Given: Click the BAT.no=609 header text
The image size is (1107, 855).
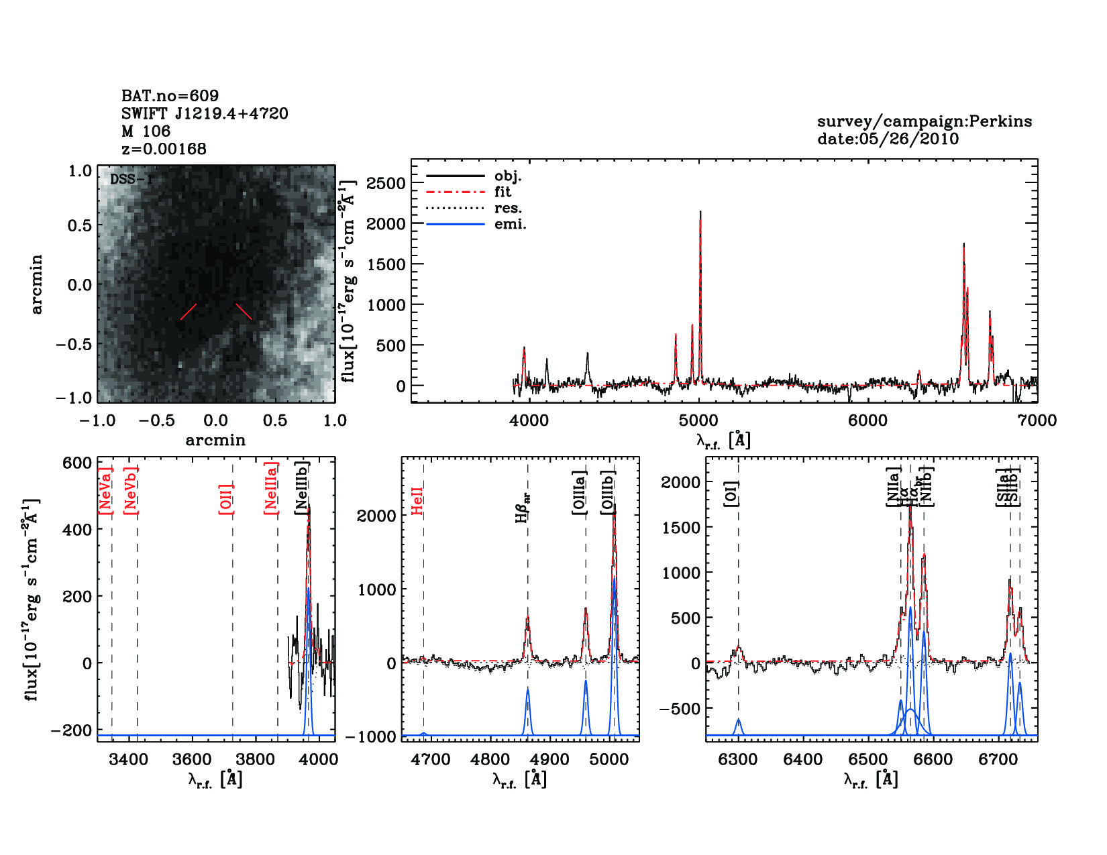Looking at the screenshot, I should click(x=170, y=96).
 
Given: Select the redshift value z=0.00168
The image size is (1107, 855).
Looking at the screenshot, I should click(x=164, y=149).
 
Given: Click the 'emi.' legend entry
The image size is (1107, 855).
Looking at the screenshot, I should click(x=510, y=225).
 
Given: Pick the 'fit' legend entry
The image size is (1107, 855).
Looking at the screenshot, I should click(x=503, y=192).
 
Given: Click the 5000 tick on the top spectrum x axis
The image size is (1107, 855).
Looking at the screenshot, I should click(x=698, y=420).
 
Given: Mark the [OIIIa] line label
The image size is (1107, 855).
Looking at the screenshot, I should click(x=580, y=493).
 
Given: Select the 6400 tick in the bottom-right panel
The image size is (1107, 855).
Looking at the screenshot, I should click(x=803, y=760).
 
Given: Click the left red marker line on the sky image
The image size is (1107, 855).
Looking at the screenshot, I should click(x=189, y=312).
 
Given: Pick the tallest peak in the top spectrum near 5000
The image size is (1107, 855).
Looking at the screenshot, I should click(x=700, y=213).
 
